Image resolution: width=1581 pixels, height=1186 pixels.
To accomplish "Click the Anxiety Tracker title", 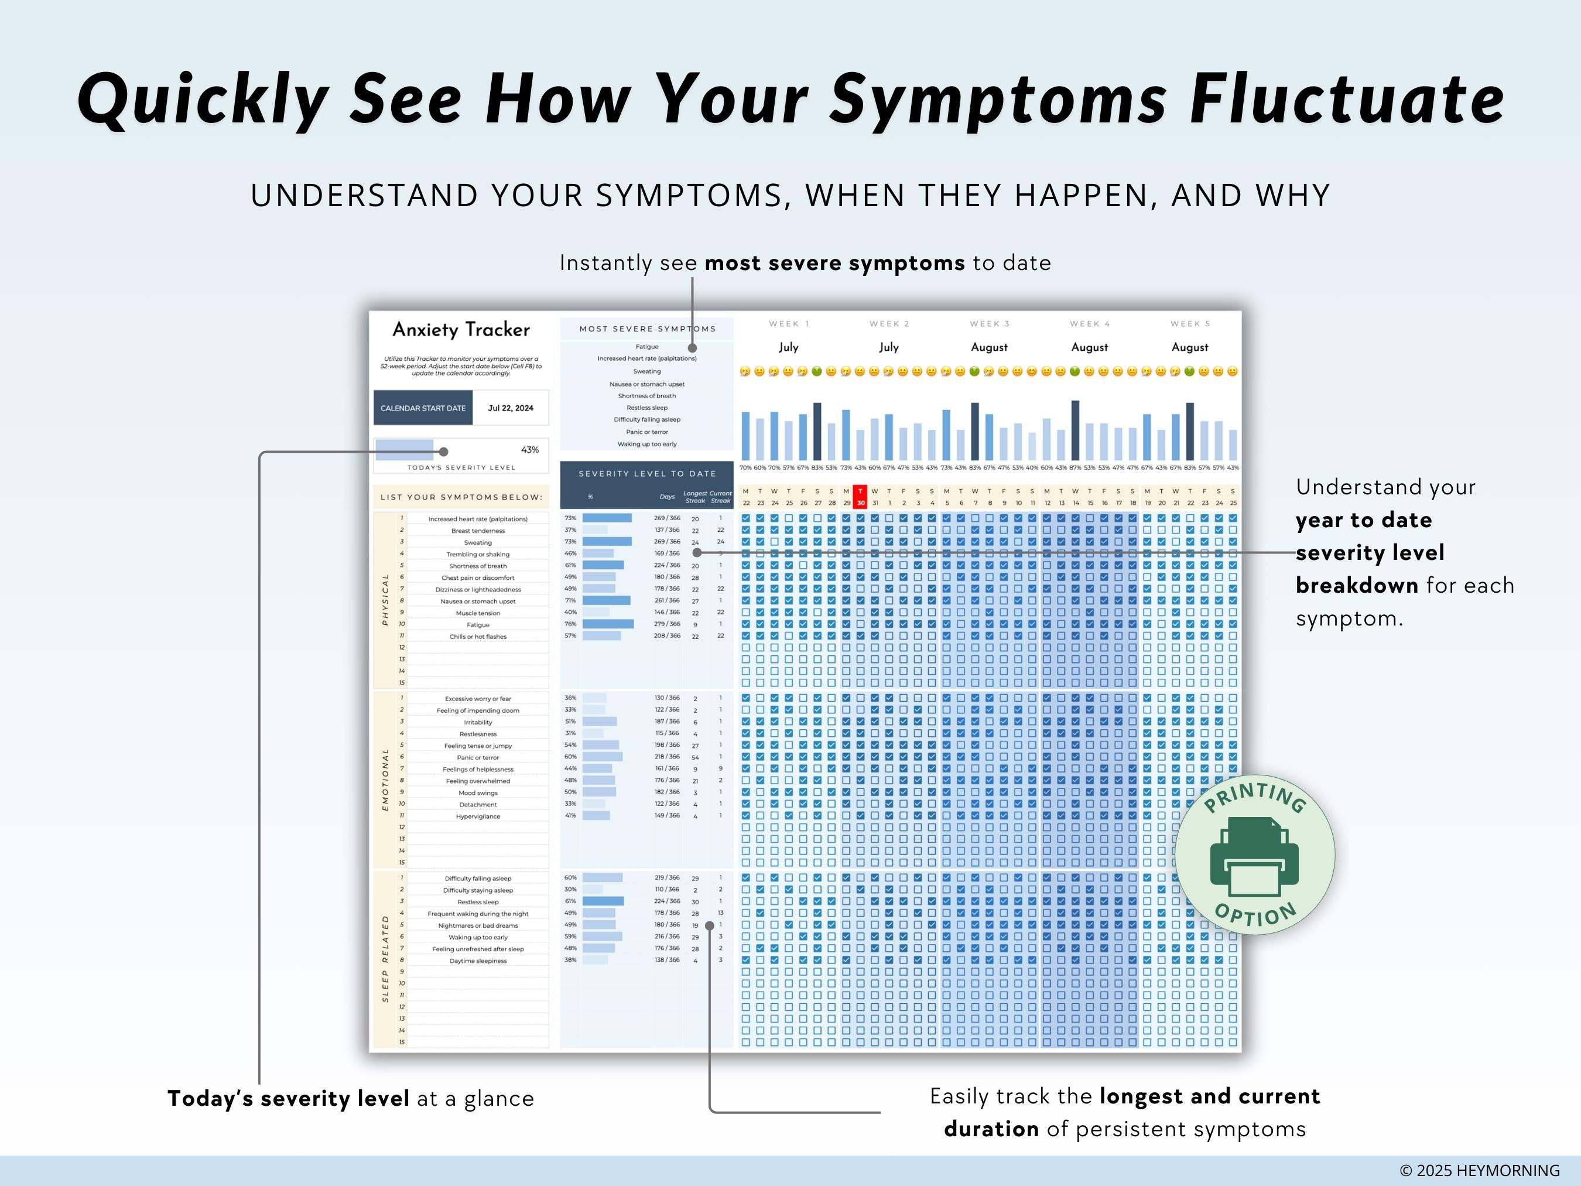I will click(461, 330).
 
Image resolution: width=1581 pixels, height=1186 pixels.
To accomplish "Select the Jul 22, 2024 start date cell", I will click(511, 408).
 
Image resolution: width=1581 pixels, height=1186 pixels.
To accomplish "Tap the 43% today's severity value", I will click(529, 450).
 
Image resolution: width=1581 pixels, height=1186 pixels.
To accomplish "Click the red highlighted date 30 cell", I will click(861, 497).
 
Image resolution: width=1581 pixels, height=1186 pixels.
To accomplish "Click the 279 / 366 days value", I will click(667, 624).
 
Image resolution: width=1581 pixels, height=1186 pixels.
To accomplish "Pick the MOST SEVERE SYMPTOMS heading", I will click(647, 329).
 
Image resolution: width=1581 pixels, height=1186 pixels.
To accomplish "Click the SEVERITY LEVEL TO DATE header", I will click(647, 473).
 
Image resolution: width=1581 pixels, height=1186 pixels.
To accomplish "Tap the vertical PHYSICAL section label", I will click(385, 599).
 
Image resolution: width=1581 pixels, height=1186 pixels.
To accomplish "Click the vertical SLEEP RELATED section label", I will click(385, 958).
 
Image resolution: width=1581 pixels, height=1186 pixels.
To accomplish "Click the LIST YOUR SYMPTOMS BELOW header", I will click(461, 497).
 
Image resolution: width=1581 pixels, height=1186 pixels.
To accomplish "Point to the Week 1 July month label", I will click(788, 347).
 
